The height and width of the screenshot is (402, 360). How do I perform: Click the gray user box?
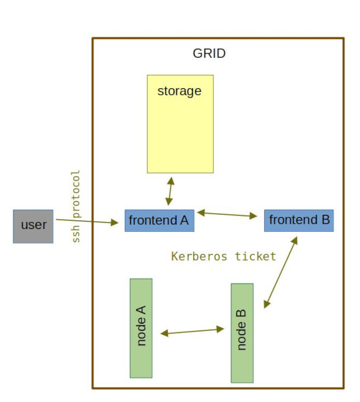(x=33, y=226)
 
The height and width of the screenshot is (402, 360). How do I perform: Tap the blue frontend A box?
(x=159, y=221)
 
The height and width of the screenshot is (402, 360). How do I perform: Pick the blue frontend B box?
(x=298, y=221)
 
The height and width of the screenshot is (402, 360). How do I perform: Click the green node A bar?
(x=141, y=328)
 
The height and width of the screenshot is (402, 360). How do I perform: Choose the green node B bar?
(x=242, y=333)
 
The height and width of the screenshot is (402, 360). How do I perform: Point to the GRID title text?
(x=209, y=53)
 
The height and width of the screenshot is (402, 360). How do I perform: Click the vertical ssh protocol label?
(x=75, y=206)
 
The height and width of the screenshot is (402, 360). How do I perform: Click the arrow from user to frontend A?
(x=87, y=221)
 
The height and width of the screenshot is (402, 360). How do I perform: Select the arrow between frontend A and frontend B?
(x=227, y=214)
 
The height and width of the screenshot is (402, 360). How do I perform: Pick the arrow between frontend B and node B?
(x=281, y=272)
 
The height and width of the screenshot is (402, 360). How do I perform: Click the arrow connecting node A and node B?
(x=192, y=331)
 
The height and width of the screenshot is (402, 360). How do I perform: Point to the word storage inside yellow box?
(x=179, y=91)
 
